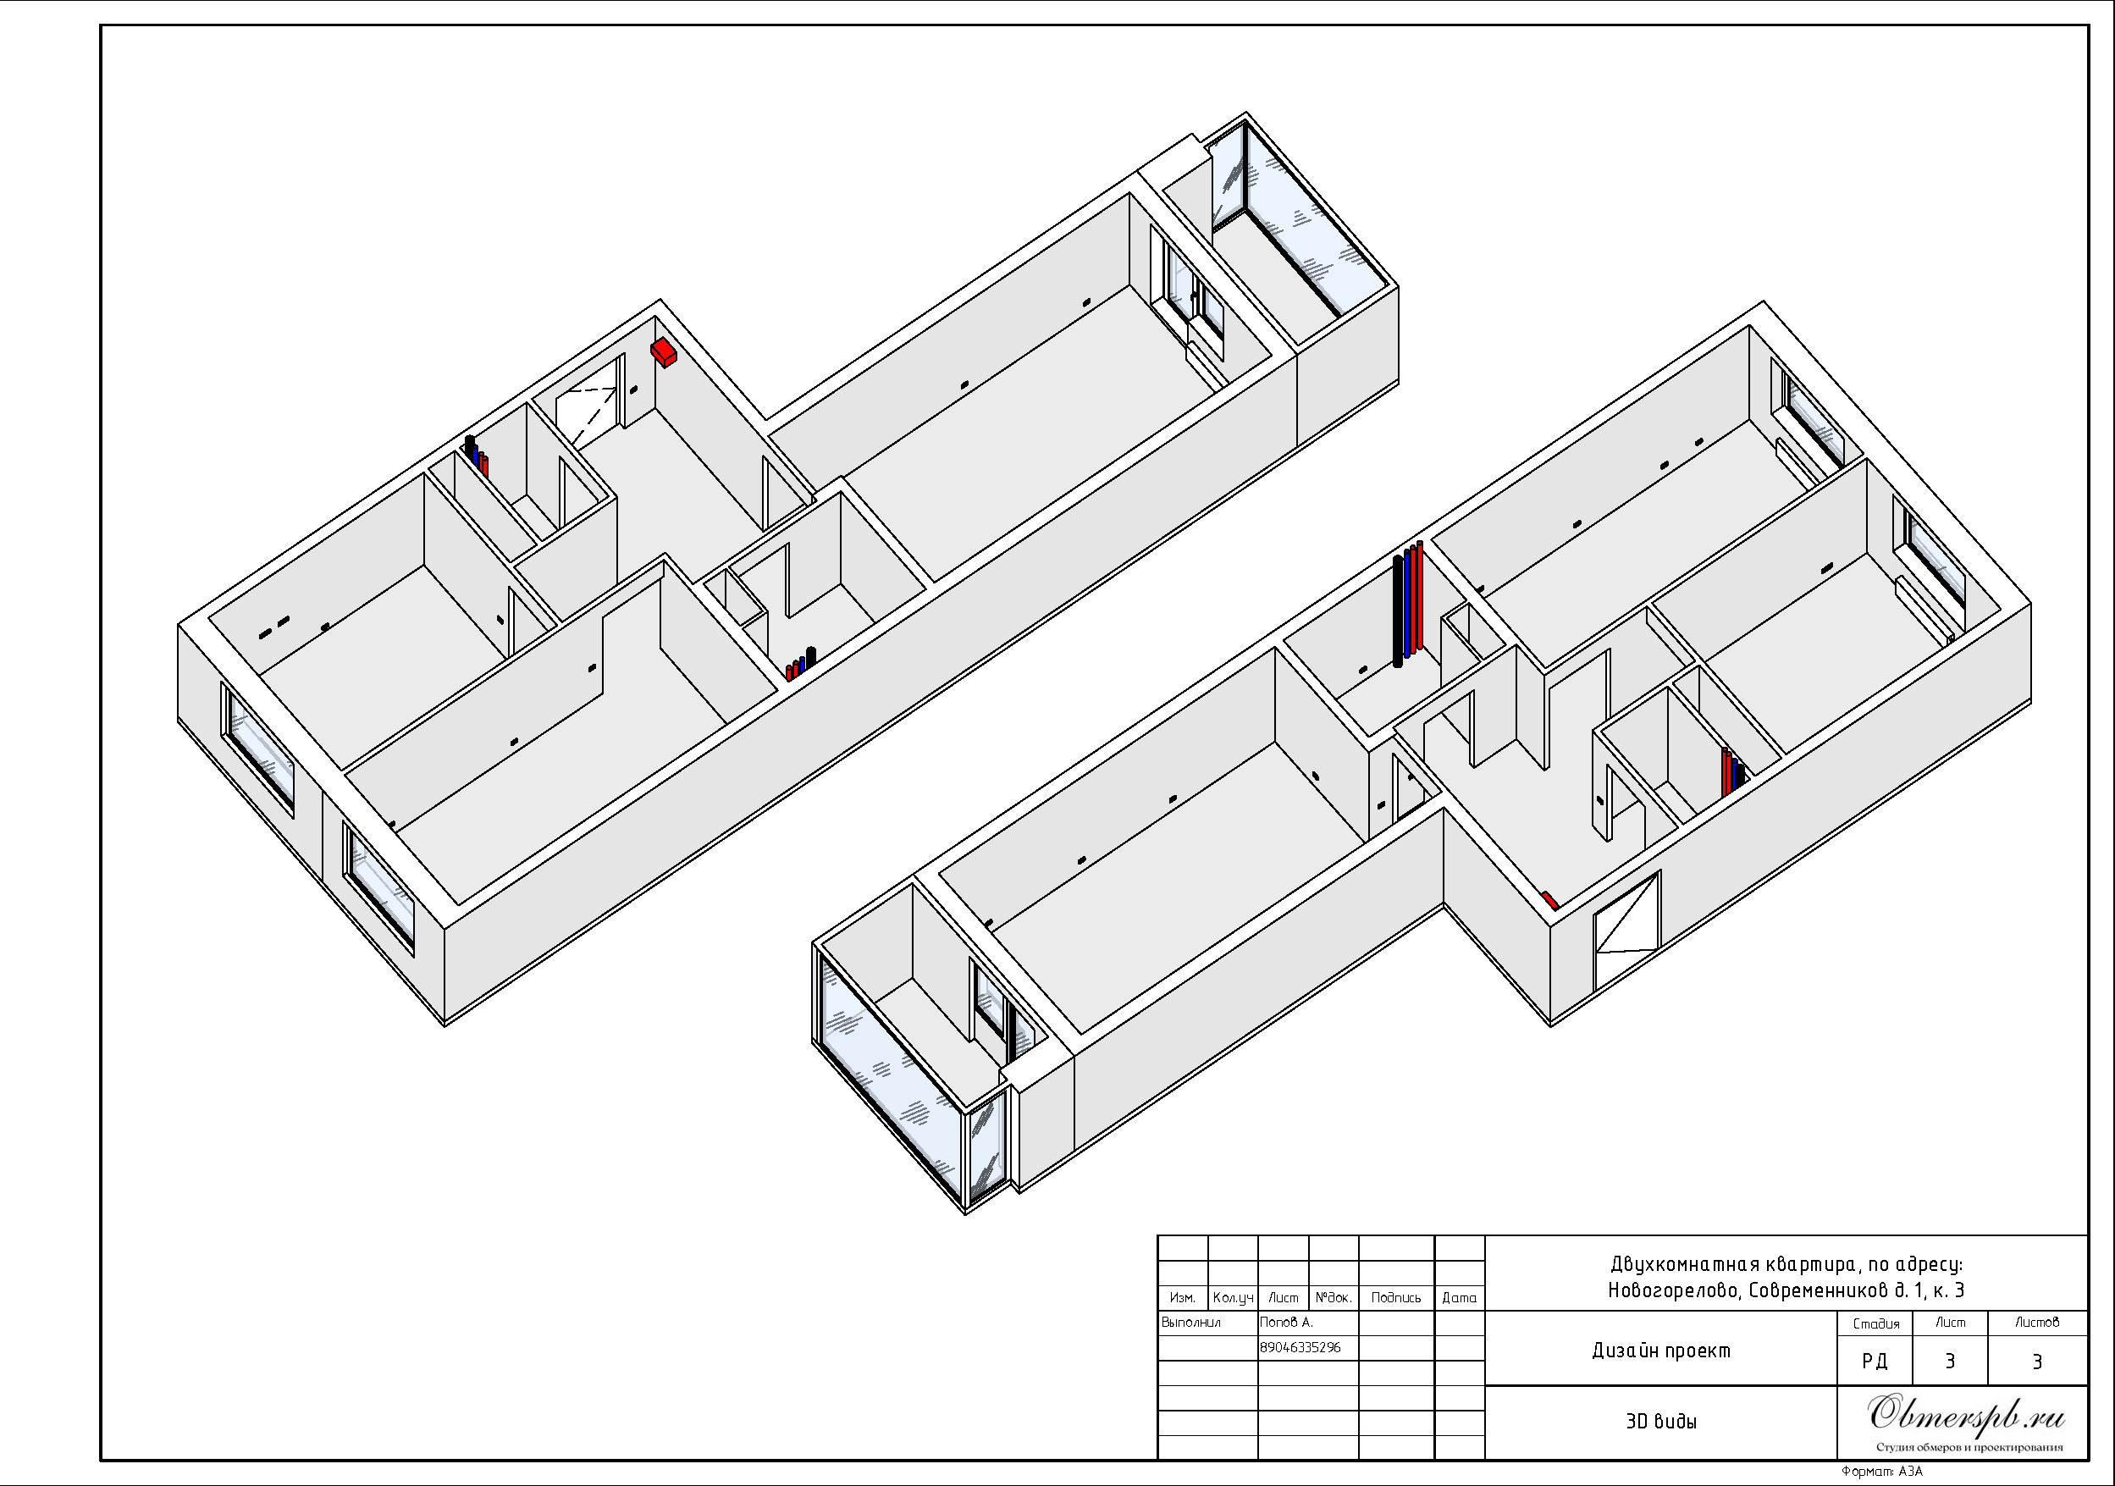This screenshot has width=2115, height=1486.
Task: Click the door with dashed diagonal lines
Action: coord(586,416)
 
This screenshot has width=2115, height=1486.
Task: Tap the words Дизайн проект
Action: coord(1661,1351)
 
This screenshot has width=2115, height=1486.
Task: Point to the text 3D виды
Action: coord(1661,1421)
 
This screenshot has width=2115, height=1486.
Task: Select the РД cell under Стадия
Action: coord(1875,1361)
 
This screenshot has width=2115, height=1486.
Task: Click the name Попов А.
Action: coord(1287,1322)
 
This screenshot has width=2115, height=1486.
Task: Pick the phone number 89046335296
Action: coord(1300,1347)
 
